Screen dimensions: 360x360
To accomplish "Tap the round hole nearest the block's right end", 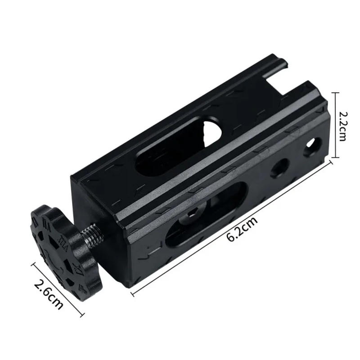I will tap(310, 148).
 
